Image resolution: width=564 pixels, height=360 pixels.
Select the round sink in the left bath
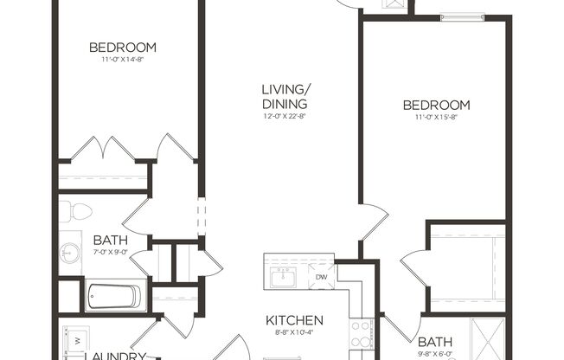tap(71, 254)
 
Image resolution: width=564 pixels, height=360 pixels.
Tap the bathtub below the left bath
tap(113, 296)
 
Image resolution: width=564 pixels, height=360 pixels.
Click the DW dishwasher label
tap(322, 277)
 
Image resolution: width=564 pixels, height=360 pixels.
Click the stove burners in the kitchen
tap(361, 334)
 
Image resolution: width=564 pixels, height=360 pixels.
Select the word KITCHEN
tap(294, 319)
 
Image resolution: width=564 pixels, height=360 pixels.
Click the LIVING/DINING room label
tap(286, 96)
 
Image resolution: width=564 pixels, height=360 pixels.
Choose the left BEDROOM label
tap(123, 47)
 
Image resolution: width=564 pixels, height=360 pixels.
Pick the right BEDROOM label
tap(436, 106)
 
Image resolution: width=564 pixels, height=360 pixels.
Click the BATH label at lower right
tap(435, 342)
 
